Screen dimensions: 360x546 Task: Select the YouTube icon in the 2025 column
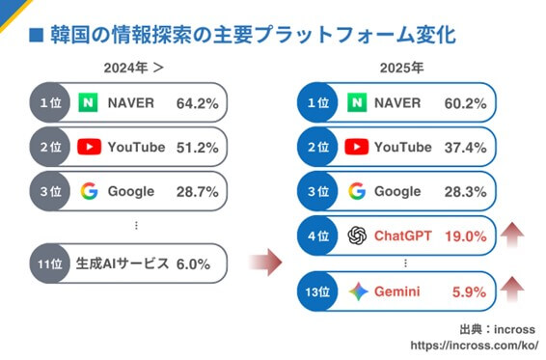357,147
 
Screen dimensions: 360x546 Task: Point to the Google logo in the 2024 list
89,190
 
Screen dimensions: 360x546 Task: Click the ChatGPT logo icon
357,235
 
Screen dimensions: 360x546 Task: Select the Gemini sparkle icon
357,291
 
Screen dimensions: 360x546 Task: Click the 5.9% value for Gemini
468,291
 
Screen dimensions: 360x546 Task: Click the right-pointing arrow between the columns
265,261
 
